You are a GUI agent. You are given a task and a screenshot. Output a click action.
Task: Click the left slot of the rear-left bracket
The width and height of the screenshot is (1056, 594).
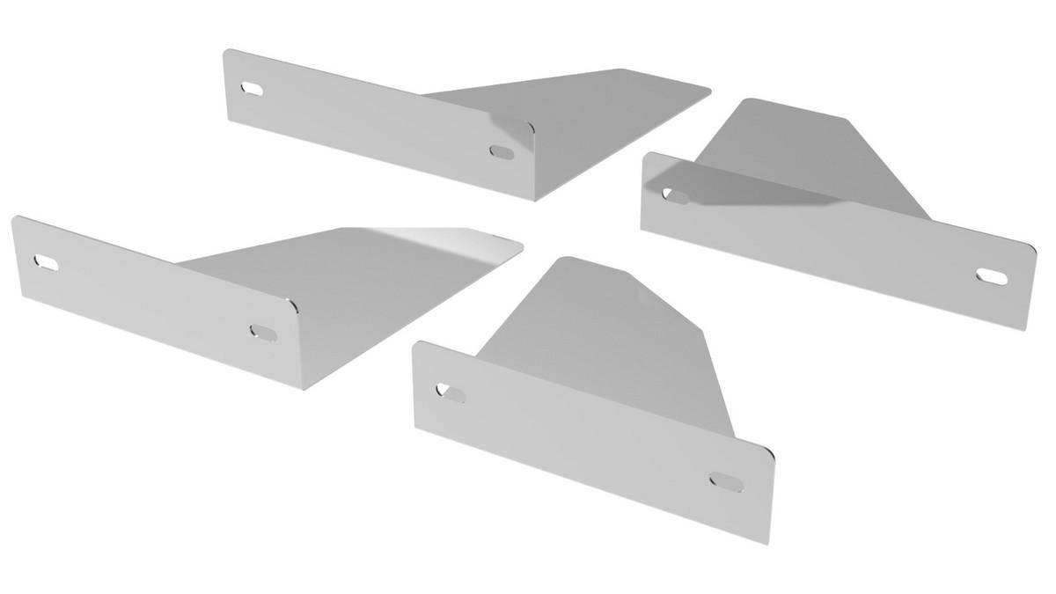252,88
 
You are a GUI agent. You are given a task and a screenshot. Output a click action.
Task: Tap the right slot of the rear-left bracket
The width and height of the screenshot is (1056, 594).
502,151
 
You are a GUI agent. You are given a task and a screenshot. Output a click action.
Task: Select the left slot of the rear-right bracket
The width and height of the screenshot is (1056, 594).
676,194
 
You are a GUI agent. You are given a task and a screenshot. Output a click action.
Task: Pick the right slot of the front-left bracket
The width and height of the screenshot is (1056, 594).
262,331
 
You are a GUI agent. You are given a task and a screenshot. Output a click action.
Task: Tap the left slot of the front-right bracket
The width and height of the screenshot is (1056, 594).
452,392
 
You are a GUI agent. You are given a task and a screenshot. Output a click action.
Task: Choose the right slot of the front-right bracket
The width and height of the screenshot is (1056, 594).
726,481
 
